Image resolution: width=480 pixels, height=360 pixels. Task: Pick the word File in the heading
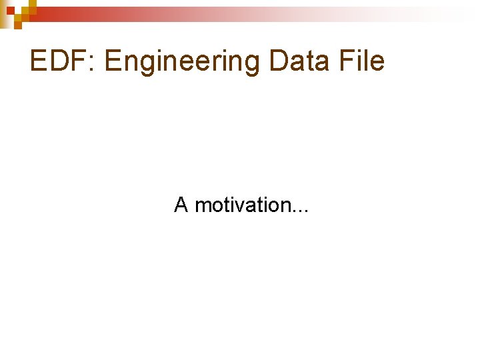[362, 61]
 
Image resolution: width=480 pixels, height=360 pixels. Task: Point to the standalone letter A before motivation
[181, 205]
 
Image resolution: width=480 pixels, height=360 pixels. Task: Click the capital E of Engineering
[113, 61]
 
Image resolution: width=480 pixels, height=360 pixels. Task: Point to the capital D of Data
[279, 61]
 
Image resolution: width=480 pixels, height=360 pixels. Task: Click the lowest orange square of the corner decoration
[18, 25]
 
